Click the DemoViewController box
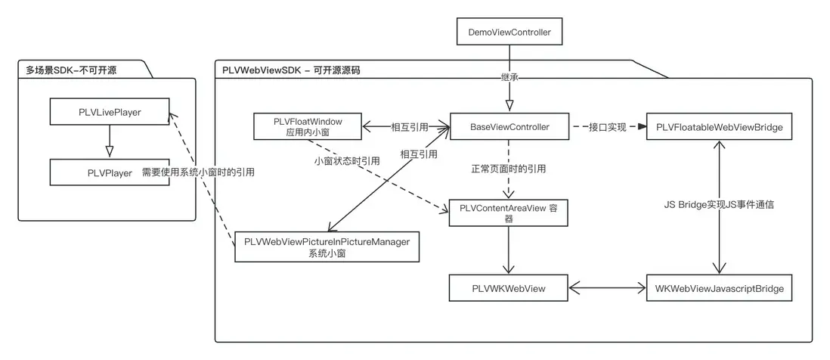coord(509,33)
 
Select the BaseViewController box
coord(509,126)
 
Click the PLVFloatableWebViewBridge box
coord(719,127)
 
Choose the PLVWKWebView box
coord(509,288)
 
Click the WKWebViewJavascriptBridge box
coord(719,288)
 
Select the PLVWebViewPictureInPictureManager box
coord(327,247)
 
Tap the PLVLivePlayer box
coord(109,112)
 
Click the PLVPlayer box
coord(109,172)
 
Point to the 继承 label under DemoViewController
coord(509,77)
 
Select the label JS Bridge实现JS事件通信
coord(718,204)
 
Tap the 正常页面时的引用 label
coord(508,168)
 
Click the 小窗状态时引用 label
coord(347,161)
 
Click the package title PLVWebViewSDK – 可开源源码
coord(291,70)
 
